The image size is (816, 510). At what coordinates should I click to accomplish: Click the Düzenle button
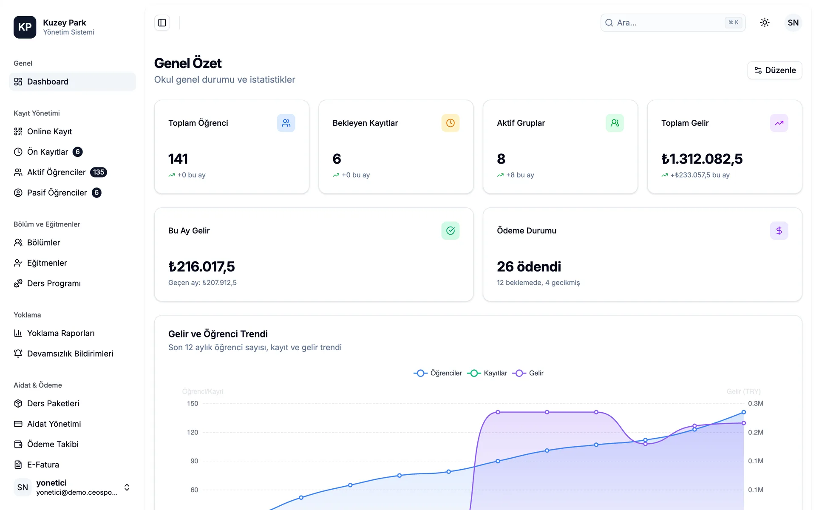774,70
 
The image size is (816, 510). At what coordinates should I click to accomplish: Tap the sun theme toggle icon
765,23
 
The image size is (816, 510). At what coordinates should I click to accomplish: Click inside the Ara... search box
673,23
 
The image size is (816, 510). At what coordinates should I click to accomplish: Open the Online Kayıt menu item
49,131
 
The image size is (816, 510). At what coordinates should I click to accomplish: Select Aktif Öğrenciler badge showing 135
99,172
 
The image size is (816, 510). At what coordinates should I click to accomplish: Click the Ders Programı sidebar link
54,283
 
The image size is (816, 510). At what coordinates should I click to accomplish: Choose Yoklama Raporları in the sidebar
61,333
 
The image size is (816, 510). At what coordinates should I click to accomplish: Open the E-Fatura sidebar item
43,465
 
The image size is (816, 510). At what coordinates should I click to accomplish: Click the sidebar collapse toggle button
162,23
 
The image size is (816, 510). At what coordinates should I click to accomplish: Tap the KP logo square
25,27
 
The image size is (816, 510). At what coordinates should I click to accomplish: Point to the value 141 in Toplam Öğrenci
178,159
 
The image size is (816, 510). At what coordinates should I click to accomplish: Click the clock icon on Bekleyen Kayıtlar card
450,123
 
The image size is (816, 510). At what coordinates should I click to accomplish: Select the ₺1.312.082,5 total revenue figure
702,159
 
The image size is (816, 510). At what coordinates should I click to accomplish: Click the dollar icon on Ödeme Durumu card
779,230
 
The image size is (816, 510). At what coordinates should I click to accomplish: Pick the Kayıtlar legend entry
487,373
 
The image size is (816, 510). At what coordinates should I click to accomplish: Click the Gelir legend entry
528,373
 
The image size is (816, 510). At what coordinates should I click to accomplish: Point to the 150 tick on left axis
193,403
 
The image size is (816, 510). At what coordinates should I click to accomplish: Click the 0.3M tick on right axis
756,403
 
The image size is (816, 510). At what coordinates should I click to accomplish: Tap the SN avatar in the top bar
793,23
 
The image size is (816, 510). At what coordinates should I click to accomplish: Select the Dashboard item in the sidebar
73,82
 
